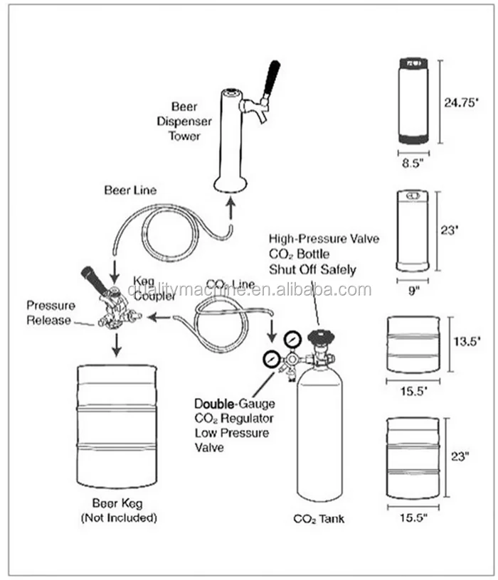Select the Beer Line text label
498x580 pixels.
coord(130,190)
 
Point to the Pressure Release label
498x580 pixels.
coord(51,313)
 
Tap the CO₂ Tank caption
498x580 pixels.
coord(319,519)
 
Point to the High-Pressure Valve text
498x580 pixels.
coord(324,239)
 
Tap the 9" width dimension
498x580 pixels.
coord(412,289)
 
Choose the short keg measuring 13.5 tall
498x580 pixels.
coord(413,345)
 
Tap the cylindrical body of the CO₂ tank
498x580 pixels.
coord(319,434)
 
